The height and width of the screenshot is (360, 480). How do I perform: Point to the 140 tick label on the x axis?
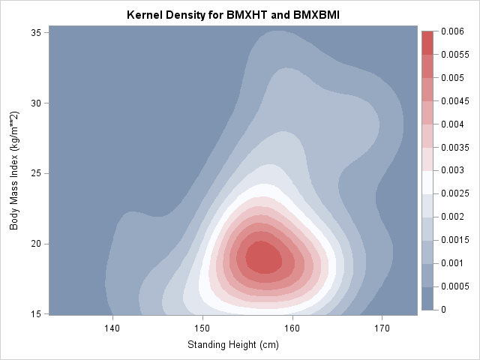click(x=112, y=328)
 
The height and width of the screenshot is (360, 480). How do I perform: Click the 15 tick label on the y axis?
click(x=36, y=313)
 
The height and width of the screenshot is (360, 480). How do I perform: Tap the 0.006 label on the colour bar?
click(x=452, y=31)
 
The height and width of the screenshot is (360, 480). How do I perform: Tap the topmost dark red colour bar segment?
click(x=428, y=42)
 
